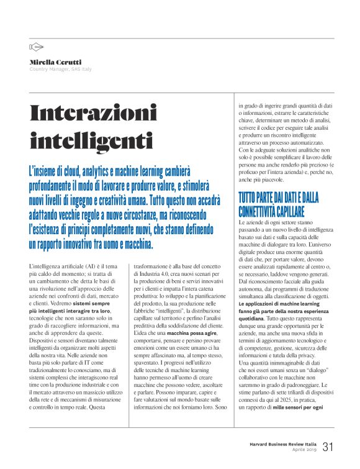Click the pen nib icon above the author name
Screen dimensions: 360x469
coord(36,47)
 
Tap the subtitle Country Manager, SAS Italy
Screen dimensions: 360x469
coord(61,69)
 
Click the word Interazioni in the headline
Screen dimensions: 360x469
coord(94,113)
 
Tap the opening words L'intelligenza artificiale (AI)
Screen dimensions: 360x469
coord(65,266)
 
